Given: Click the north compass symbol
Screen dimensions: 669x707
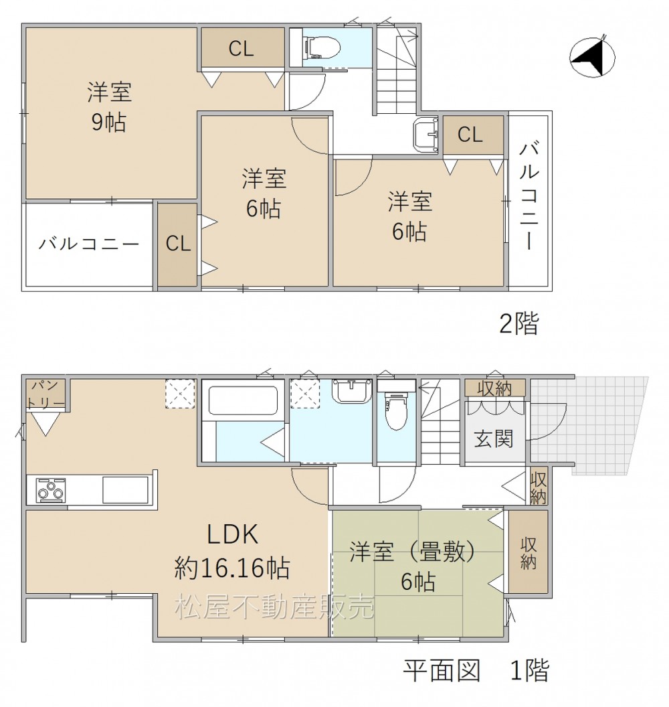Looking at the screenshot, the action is [x=592, y=58].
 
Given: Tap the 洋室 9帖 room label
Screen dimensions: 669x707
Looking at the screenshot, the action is [x=109, y=107].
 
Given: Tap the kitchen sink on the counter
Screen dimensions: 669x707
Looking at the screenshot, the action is [x=125, y=489].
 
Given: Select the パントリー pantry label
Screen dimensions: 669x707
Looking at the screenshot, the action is [x=45, y=394].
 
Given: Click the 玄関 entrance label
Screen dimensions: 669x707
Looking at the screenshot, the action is [x=494, y=439].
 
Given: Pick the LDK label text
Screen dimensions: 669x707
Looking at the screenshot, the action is [x=232, y=534].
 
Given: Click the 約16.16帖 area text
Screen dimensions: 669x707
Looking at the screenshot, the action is [x=232, y=568].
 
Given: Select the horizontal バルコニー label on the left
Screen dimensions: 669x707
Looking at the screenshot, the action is [x=89, y=244].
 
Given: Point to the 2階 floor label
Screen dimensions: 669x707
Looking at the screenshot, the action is [x=519, y=323].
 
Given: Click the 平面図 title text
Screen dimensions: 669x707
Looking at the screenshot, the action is [x=442, y=670].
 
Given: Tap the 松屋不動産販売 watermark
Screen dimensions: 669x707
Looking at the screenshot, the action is [x=275, y=607].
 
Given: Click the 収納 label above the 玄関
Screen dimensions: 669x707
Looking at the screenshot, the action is [x=494, y=388].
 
